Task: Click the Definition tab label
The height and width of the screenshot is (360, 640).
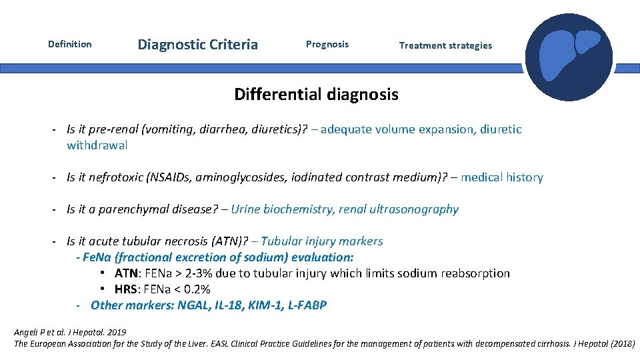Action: [70, 45]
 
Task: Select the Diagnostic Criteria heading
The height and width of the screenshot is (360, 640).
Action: [197, 45]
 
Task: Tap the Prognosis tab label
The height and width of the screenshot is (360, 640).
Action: [327, 45]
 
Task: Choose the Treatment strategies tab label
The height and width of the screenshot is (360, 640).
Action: [445, 45]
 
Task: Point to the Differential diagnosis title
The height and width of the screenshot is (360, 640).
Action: [316, 95]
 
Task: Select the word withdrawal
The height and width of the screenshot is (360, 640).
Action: [97, 145]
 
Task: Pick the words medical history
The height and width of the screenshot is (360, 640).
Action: [501, 177]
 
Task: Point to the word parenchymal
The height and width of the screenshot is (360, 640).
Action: [130, 209]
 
